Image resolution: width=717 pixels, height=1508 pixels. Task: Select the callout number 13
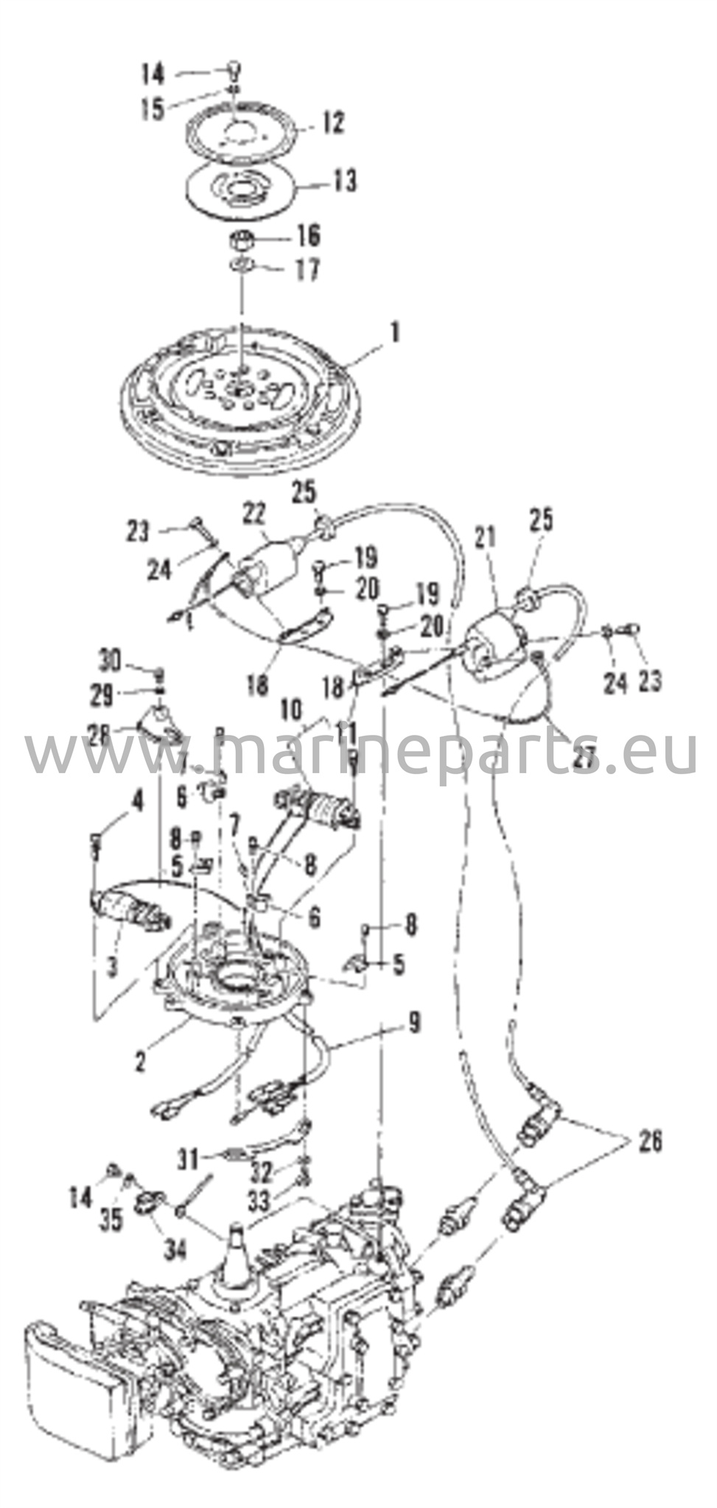tap(343, 180)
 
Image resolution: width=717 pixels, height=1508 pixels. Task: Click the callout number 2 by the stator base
tap(139, 1062)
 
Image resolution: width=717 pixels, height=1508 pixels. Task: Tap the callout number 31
tap(189, 1160)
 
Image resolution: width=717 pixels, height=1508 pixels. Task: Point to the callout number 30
tap(113, 660)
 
